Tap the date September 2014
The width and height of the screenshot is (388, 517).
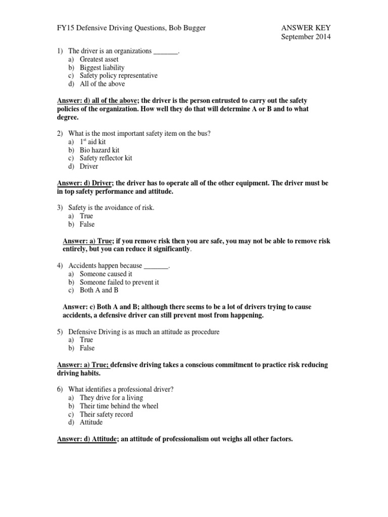(x=306, y=37)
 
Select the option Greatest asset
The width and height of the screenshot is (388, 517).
(x=99, y=59)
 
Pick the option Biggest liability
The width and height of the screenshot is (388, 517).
(x=102, y=67)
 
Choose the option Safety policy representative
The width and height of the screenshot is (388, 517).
(x=119, y=75)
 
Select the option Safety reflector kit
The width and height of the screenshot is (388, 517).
(x=106, y=158)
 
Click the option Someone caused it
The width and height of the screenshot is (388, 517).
(x=106, y=274)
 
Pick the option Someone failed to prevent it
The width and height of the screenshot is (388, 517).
(x=119, y=282)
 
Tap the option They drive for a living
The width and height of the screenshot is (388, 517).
(x=111, y=398)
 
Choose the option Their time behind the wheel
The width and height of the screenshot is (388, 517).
(x=119, y=406)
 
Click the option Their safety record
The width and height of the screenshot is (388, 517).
(x=106, y=414)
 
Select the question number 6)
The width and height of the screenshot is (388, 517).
(x=60, y=389)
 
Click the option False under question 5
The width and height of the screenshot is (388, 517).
(x=87, y=348)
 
